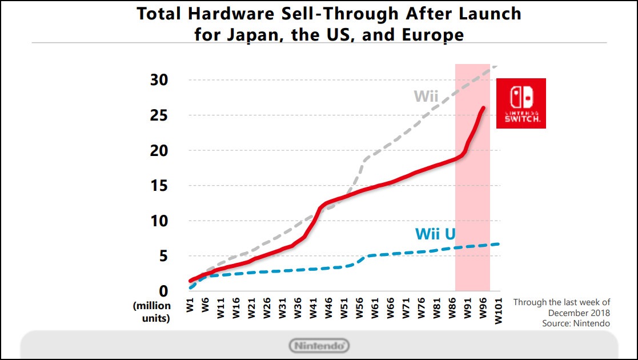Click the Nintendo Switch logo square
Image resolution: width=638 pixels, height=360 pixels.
tap(521, 103)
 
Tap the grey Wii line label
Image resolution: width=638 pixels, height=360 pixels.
tap(426, 95)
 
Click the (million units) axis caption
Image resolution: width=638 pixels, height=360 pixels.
tap(151, 312)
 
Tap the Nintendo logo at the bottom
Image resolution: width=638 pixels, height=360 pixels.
tap(319, 345)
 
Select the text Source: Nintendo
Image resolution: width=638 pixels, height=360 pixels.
tap(576, 323)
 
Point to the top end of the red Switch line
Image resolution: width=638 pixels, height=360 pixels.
tap(484, 107)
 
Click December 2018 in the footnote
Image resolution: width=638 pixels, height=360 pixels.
tap(579, 313)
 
